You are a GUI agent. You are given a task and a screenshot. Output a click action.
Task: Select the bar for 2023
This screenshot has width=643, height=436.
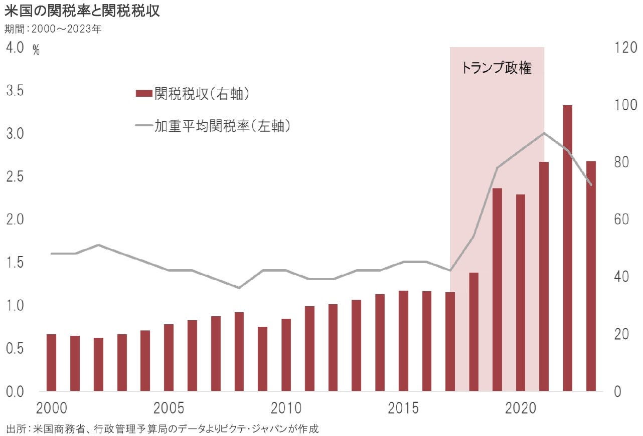point(591,276)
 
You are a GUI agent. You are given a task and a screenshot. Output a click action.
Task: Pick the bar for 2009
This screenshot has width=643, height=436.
point(262,359)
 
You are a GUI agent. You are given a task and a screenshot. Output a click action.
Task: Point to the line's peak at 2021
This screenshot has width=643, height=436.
point(544,133)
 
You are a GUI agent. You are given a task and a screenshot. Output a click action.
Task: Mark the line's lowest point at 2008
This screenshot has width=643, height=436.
point(239,288)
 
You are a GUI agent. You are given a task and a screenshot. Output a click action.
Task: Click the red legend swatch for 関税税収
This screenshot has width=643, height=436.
point(143,93)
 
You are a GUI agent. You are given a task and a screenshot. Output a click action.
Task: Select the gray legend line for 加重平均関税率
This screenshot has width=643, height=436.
point(143,127)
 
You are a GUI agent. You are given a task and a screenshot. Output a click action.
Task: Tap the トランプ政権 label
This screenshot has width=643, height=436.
point(496,68)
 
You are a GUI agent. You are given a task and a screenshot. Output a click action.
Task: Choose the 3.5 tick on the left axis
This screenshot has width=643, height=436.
point(15,91)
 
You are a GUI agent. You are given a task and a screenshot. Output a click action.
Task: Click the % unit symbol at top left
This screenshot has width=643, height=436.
point(36,50)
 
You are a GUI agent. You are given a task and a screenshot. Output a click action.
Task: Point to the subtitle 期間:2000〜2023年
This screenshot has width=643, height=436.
point(53,29)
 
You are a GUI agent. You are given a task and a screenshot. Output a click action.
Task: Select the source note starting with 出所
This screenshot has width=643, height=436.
point(163,429)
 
